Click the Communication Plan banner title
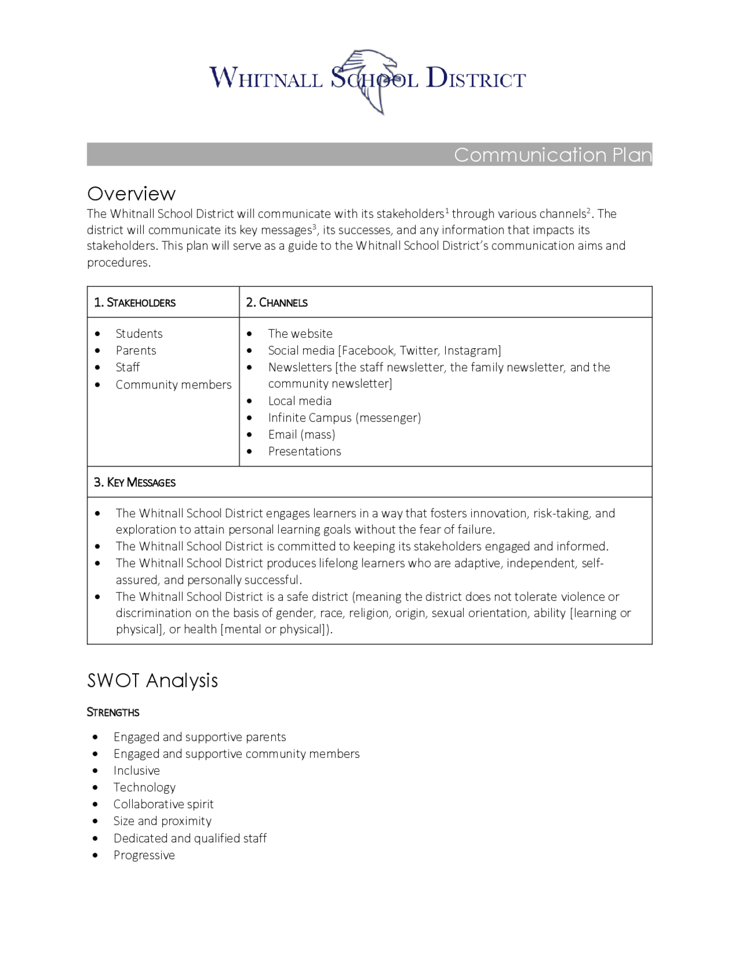tap(552, 155)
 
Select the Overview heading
tap(131, 193)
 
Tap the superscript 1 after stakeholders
tap(447, 211)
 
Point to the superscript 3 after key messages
tap(315, 227)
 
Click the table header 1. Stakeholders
tap(135, 303)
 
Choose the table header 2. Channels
tap(277, 303)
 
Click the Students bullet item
tap(139, 334)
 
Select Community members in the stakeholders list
tap(173, 384)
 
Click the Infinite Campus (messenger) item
tap(344, 417)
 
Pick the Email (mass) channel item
tap(301, 434)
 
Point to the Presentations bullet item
tap(304, 451)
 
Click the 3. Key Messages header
tap(135, 482)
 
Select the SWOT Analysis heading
tap(152, 680)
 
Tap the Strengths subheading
tap(113, 712)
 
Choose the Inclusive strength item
tap(136, 771)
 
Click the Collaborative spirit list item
tap(163, 804)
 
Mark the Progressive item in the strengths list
tap(144, 855)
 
